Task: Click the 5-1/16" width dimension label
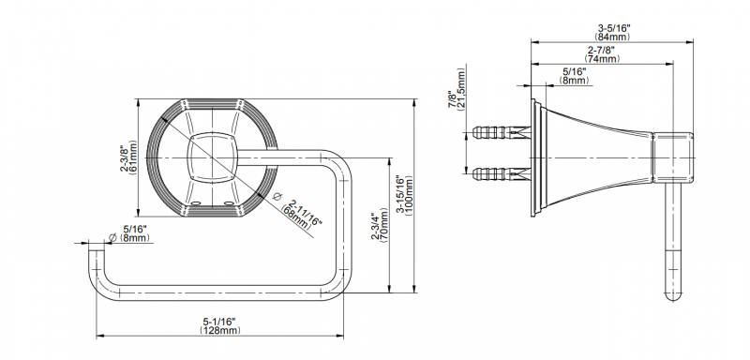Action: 220,322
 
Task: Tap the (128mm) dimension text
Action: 220,330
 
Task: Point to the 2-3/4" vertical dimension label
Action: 376,228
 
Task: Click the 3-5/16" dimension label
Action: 614,28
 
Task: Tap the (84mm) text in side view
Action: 613,36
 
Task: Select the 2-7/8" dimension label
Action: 601,50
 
